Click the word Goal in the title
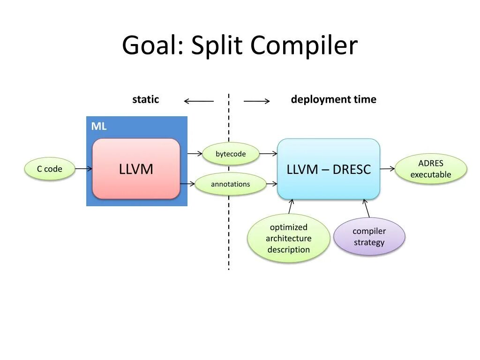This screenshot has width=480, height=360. click(149, 46)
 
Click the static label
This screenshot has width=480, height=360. click(145, 99)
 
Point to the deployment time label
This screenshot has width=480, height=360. click(333, 99)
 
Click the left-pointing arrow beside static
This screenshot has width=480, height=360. click(198, 101)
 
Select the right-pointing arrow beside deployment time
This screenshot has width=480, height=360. click(257, 101)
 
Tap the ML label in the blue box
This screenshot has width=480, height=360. click(98, 126)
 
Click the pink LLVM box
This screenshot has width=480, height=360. click(136, 169)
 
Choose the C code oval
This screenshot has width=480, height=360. click(50, 169)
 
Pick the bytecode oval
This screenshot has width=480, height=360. click(231, 154)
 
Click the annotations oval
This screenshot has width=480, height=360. click(230, 184)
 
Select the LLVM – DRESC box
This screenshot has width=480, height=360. click(329, 169)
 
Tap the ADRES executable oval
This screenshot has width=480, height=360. click(431, 169)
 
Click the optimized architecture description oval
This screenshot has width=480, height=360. click(288, 238)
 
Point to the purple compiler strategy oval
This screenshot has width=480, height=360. click(369, 237)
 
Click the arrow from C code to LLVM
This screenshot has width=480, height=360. click(83, 169)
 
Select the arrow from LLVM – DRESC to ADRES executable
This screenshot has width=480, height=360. click(387, 168)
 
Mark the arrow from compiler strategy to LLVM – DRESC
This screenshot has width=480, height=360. click(367, 208)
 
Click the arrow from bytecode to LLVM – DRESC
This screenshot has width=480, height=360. click(268, 153)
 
